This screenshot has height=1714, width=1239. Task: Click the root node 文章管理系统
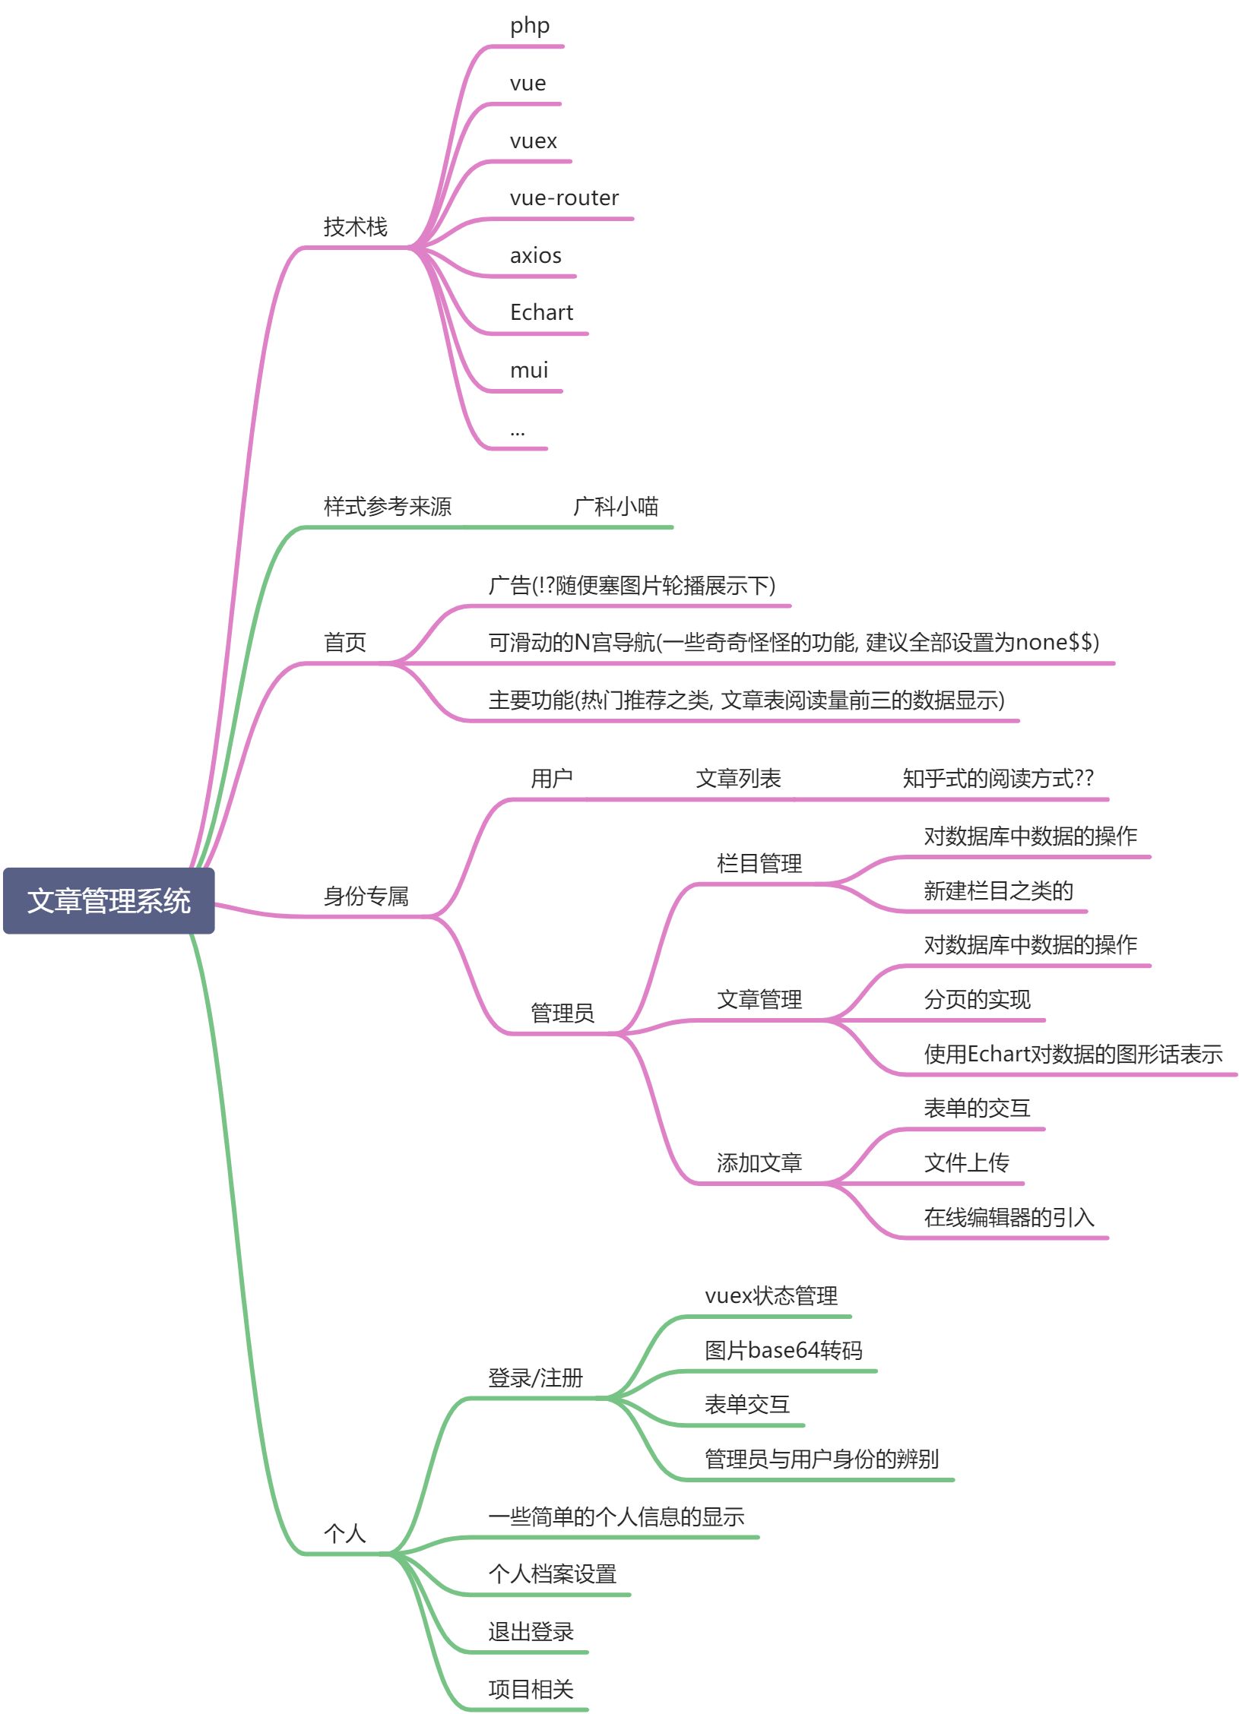click(109, 900)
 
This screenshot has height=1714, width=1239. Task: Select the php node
click(529, 27)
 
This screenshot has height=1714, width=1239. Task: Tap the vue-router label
click(564, 198)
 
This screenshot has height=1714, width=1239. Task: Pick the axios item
click(535, 256)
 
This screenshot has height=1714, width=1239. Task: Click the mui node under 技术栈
click(528, 371)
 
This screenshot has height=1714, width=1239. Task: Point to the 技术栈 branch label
click(355, 226)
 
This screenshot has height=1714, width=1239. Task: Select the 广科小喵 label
click(616, 506)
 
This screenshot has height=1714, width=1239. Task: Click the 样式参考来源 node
click(387, 506)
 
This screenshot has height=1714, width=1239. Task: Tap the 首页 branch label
click(344, 643)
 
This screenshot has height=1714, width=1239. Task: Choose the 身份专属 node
click(366, 897)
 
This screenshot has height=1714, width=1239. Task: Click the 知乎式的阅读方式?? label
click(997, 779)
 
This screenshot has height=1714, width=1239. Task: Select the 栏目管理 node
click(759, 864)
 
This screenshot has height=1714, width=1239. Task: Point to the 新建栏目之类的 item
click(998, 890)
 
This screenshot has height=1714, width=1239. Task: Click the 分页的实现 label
click(977, 1000)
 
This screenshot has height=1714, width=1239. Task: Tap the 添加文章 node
click(759, 1163)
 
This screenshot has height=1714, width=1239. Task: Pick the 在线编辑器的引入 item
click(1009, 1218)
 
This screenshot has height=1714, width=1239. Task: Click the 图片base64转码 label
click(783, 1350)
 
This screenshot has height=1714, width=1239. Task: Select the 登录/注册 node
click(535, 1377)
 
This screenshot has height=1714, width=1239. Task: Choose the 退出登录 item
click(531, 1632)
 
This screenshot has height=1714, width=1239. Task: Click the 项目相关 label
click(531, 1690)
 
